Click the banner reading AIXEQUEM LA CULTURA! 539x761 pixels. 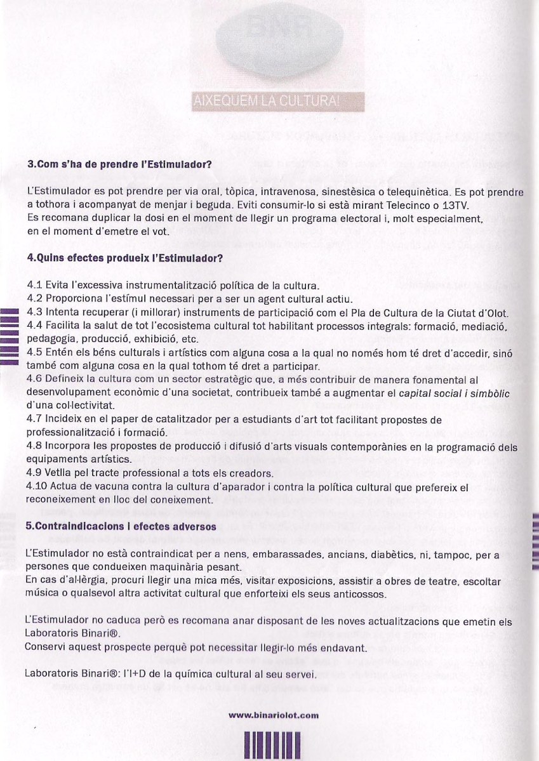(276, 101)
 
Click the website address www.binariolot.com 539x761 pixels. (273, 715)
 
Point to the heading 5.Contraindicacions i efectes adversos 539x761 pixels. (121, 526)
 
